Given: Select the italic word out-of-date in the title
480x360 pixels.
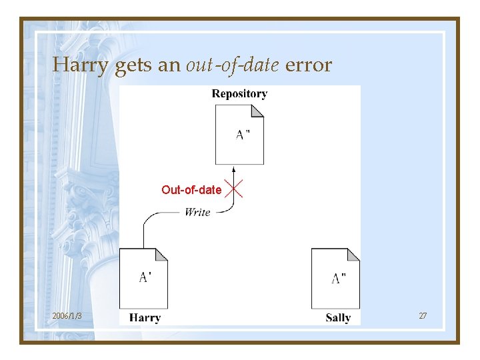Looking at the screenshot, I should click(x=233, y=65).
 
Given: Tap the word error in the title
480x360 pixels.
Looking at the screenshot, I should click(x=308, y=65).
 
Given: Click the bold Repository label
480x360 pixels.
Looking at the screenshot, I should click(x=239, y=94).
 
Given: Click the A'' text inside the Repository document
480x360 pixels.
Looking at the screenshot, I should click(x=243, y=134).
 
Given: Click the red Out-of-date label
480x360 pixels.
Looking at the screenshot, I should click(x=191, y=190).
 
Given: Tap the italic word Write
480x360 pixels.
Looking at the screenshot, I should click(x=197, y=212).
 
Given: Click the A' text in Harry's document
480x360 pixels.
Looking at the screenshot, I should click(x=145, y=277).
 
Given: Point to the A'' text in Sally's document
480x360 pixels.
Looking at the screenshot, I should click(x=338, y=278).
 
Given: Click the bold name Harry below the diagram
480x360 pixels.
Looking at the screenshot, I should click(x=145, y=317).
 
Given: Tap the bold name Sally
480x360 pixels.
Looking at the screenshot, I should click(x=338, y=317).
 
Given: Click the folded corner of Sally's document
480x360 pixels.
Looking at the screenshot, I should click(x=354, y=254).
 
